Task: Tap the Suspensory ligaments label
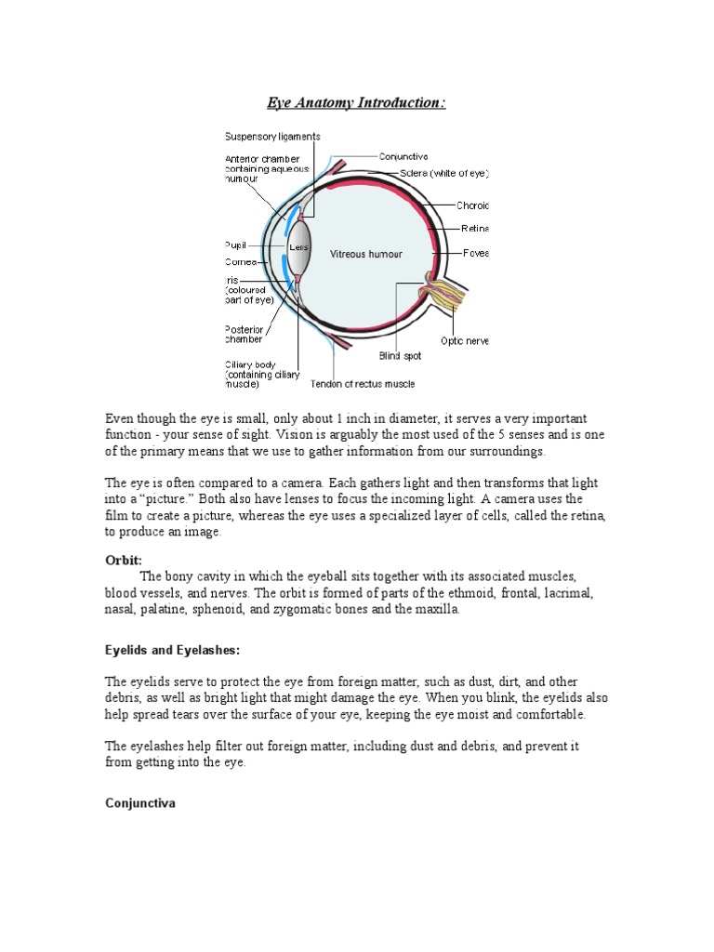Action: pos(271,137)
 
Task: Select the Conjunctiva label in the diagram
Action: pos(403,157)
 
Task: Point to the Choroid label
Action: pos(473,206)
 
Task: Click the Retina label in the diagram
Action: pos(474,228)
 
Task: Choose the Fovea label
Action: pos(476,253)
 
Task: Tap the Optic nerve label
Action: pos(464,341)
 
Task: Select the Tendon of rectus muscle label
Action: pos(363,384)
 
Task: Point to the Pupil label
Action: pos(235,245)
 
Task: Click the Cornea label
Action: pos(239,262)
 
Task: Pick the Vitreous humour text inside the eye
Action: pos(366,255)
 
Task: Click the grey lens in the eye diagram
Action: pos(298,249)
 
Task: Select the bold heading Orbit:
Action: pos(122,561)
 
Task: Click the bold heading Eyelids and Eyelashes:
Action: pos(172,648)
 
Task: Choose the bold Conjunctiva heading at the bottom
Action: pos(139,804)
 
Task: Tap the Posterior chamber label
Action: pos(244,334)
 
